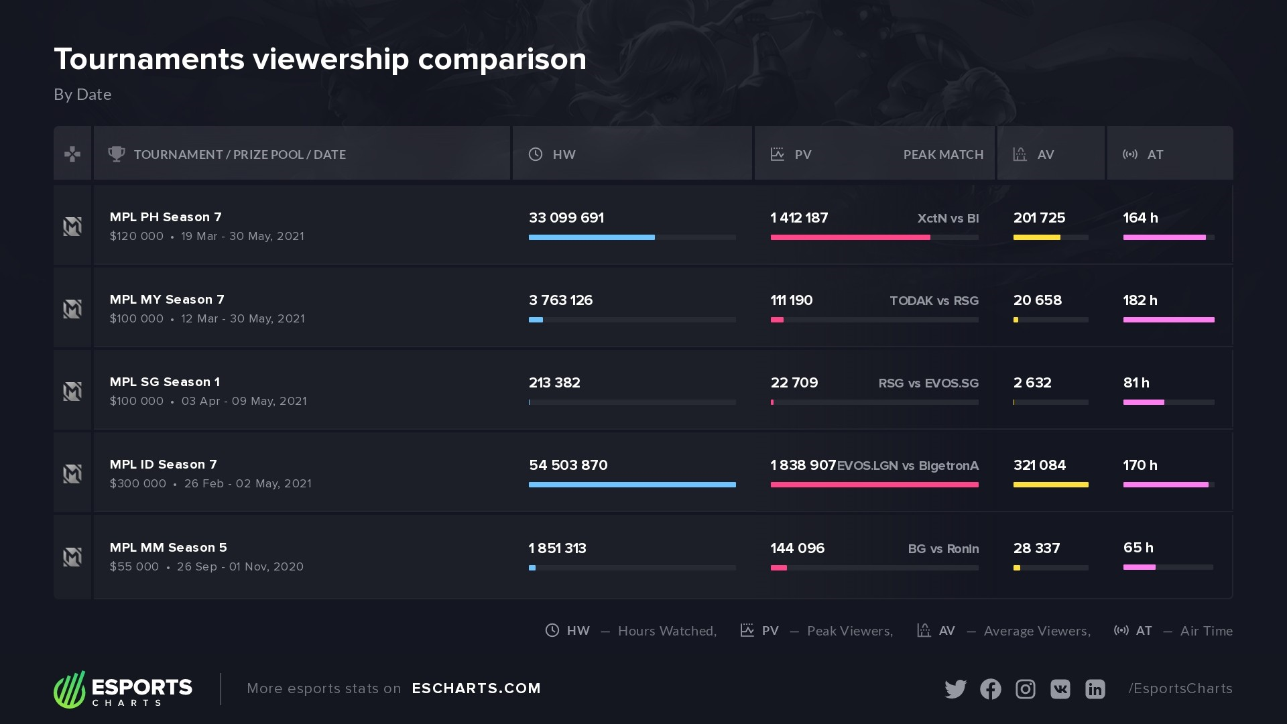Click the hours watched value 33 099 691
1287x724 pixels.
click(566, 218)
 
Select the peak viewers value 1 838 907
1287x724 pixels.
click(803, 465)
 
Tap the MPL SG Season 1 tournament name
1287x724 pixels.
click(165, 382)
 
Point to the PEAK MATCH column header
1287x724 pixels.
click(943, 155)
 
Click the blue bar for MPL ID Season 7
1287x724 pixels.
click(632, 485)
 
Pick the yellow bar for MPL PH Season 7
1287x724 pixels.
click(1036, 237)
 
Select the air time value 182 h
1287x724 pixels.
click(1140, 300)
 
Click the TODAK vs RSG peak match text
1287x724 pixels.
click(934, 301)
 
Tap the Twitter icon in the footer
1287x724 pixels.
click(955, 689)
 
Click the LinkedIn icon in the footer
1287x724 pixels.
click(1095, 689)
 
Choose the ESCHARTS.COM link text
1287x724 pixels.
click(476, 688)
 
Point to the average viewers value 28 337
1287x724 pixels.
click(1036, 548)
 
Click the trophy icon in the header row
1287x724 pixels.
click(117, 154)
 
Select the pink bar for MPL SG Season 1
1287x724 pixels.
click(1144, 402)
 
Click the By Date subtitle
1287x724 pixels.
click(82, 95)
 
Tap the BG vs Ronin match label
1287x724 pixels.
click(943, 549)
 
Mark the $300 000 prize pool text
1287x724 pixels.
click(138, 484)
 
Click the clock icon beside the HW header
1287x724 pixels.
click(536, 154)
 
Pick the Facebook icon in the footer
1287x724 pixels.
click(990, 689)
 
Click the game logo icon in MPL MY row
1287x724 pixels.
click(72, 309)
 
